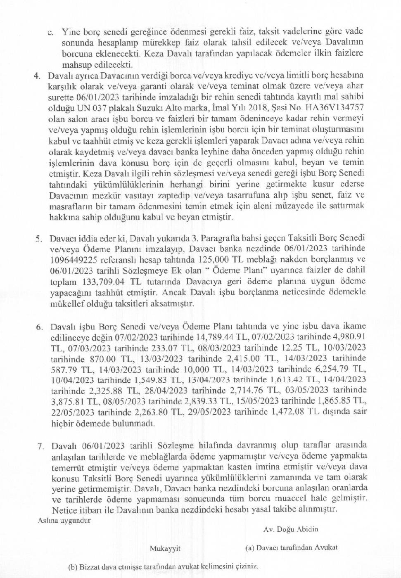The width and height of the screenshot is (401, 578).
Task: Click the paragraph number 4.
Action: pos(37,76)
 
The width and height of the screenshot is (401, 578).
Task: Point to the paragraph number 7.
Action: pos(40,446)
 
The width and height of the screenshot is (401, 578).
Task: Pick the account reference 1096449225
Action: pos(74,260)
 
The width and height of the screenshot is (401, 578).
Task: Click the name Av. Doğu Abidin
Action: pos(290,529)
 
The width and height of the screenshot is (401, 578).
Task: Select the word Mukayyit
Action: pos(165,549)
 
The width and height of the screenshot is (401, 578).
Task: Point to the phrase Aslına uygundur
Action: pos(64,521)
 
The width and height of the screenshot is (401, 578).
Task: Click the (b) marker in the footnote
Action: pos(72,567)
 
